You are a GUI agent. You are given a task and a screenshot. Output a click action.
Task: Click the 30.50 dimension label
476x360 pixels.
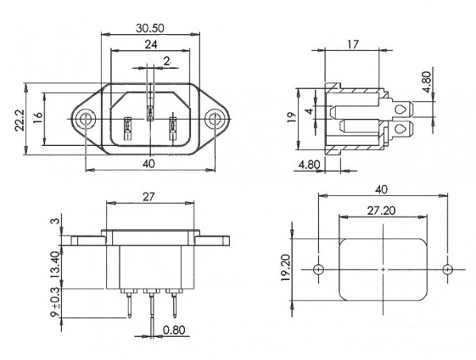tap(150, 29)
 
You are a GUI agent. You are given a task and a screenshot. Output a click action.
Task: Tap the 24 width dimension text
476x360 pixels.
tap(151, 44)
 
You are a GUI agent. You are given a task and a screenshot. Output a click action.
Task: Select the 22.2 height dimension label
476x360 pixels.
tap(20, 121)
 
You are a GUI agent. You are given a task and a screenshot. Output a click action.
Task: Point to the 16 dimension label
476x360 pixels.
tap(38, 118)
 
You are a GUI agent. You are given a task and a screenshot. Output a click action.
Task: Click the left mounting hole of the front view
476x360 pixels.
tap(83, 119)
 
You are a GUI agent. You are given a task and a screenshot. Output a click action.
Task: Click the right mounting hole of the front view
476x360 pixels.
tap(214, 119)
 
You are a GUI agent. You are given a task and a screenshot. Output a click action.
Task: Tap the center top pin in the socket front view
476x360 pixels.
tap(150, 113)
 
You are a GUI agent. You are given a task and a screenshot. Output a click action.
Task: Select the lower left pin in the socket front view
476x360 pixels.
tap(128, 128)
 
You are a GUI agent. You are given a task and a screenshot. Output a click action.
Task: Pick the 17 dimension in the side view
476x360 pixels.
tap(352, 44)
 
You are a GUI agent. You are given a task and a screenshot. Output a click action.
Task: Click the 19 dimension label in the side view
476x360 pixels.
tap(291, 117)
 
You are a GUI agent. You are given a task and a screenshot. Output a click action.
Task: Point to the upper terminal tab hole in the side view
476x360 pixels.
tap(401, 109)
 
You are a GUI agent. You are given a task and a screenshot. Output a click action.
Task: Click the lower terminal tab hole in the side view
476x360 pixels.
tap(401, 129)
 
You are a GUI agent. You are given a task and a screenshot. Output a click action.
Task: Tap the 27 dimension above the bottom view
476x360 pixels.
tap(149, 197)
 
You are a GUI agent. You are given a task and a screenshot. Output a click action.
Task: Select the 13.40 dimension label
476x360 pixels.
tap(56, 265)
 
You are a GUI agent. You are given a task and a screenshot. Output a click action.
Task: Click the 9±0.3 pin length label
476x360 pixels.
tap(56, 302)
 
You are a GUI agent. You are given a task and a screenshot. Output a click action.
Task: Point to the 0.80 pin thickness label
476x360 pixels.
tap(174, 330)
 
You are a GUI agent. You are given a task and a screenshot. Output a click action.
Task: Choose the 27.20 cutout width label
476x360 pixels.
tap(382, 210)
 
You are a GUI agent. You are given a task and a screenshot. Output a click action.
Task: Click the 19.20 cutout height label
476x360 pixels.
tap(286, 267)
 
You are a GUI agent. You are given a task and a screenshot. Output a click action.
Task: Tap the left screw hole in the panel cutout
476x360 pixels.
tap(318, 270)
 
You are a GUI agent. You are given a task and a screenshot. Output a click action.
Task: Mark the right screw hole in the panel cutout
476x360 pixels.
tap(447, 270)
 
